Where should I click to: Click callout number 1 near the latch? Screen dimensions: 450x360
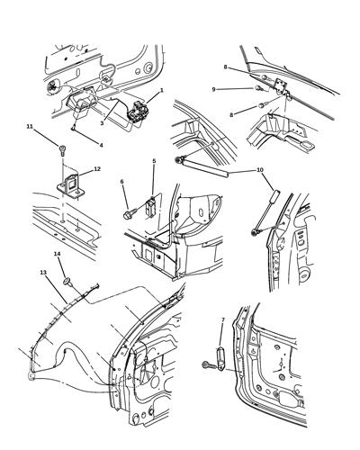[161, 91]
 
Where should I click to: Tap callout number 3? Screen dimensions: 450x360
[103, 122]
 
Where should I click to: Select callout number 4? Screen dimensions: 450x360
[101, 145]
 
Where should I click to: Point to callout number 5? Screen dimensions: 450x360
[154, 162]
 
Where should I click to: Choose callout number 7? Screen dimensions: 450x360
[222, 319]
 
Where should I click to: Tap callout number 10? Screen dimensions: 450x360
[260, 169]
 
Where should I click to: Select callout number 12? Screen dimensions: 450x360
[97, 168]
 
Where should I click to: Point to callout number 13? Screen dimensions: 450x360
[42, 272]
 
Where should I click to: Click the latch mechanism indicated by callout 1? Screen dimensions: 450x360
[139, 112]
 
